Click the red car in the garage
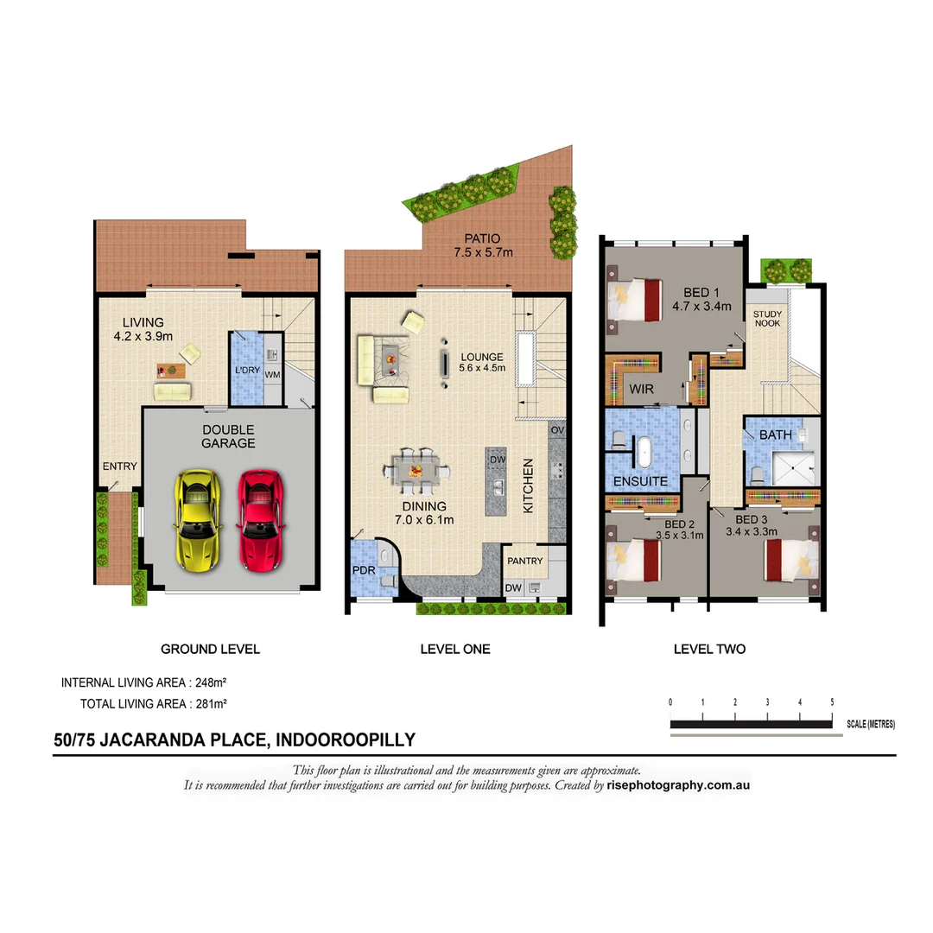coord(260,521)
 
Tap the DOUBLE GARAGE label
coord(228,436)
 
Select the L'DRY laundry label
coord(247,371)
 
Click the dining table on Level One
coord(416,472)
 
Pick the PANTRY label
coord(525,561)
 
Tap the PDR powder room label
coord(363,570)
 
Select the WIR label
coord(641,390)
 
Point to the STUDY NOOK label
coord(767,319)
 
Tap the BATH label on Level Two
coord(775,435)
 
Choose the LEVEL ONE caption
coord(454,649)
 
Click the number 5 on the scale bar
coord(832,701)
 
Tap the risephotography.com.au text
coord(678,786)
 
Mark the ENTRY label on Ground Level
coord(119,466)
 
